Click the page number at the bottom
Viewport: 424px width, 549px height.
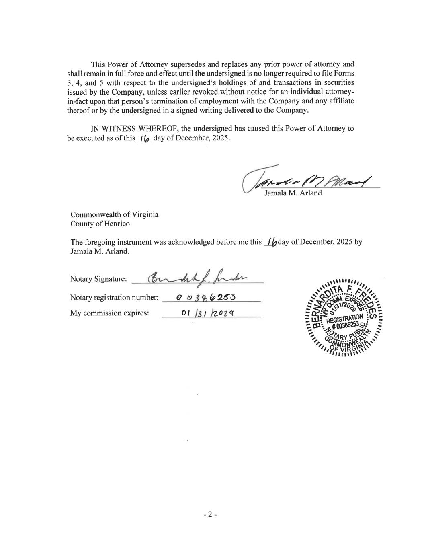point(210,514)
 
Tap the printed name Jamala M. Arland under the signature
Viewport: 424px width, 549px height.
point(293,193)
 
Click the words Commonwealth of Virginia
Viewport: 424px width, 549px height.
point(114,214)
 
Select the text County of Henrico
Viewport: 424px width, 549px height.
point(100,224)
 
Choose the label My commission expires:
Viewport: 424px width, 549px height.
point(109,313)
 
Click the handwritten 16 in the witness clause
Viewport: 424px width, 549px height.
point(145,138)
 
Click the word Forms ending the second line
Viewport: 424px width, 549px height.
point(344,74)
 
